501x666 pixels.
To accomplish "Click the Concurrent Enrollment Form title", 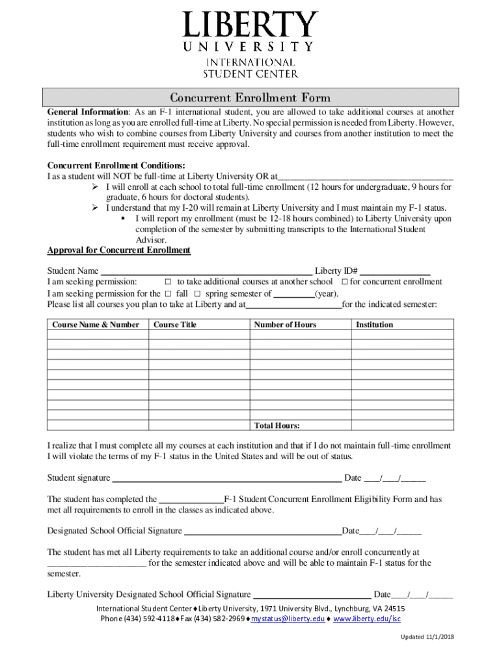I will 251,98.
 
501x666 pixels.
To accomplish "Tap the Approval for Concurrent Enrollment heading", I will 118,250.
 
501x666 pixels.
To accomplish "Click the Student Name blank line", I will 206,271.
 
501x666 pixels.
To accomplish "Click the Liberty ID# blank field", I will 395,271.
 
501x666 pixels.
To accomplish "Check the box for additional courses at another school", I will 167,282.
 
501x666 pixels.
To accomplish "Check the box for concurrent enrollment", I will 345,282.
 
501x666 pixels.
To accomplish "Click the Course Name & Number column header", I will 96,325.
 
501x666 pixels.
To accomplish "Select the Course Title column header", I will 174,325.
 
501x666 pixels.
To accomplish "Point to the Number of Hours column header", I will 285,325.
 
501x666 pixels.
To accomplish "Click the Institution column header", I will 374,325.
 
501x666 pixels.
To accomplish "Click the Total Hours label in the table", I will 277,426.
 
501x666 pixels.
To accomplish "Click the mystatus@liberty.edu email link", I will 288,619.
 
